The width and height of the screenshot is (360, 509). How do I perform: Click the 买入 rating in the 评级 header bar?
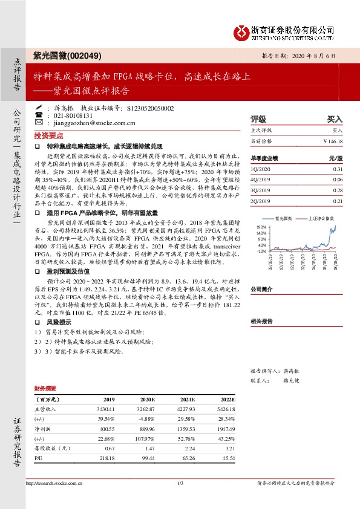(x=335, y=120)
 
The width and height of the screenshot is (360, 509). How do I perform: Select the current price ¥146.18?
(x=332, y=141)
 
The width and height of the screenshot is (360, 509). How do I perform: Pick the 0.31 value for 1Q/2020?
(x=337, y=169)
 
